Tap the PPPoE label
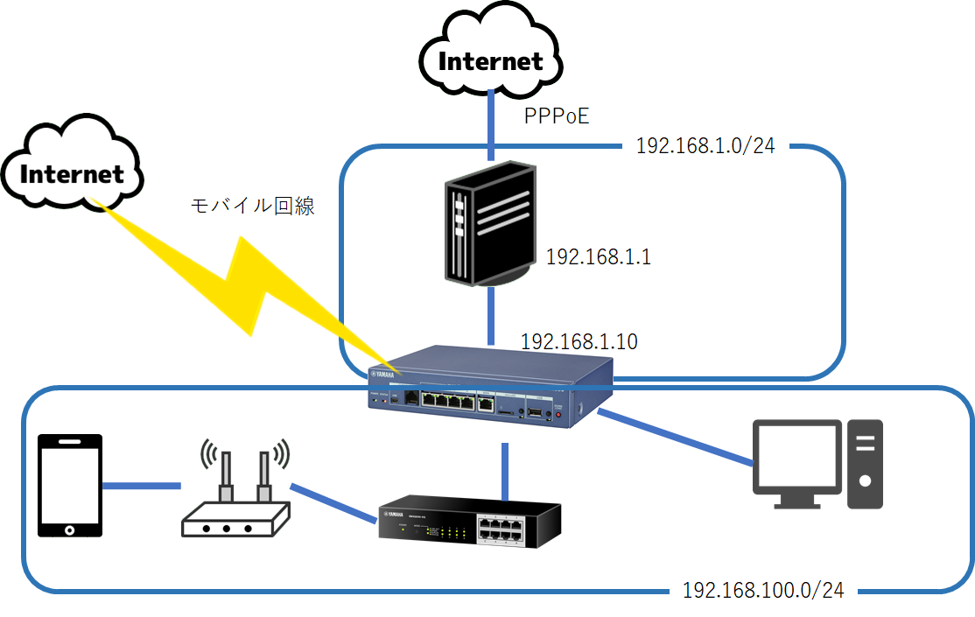click(x=556, y=116)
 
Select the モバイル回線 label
click(x=252, y=207)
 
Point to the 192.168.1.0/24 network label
click(x=705, y=145)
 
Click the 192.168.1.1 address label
click(x=599, y=257)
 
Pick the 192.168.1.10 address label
click(x=579, y=342)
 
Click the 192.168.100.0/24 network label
click(x=763, y=591)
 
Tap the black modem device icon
click(x=487, y=227)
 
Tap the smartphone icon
click(x=70, y=485)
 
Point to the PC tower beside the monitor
click(x=865, y=464)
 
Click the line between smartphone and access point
click(x=142, y=485)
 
